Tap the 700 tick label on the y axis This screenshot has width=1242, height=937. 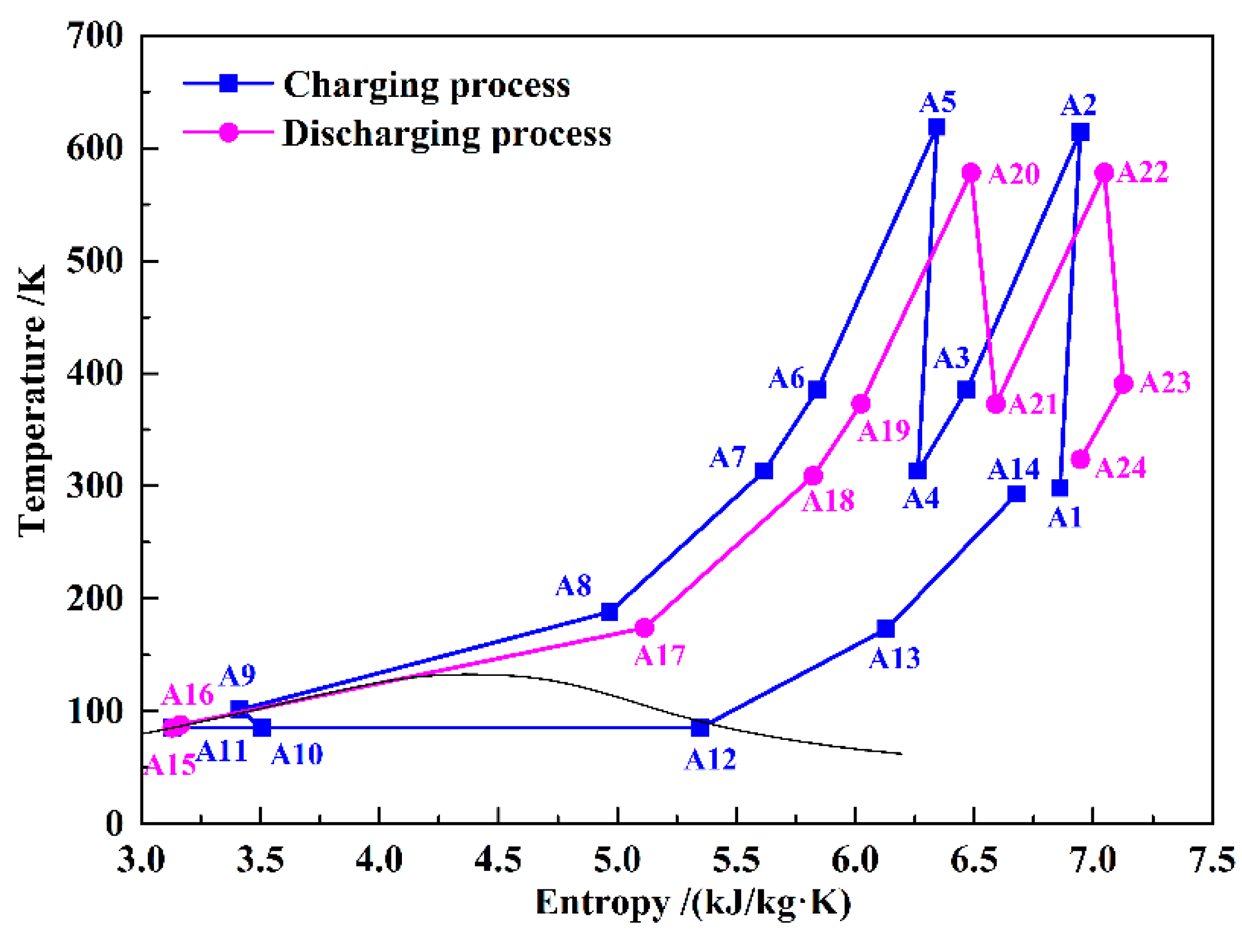94,35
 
